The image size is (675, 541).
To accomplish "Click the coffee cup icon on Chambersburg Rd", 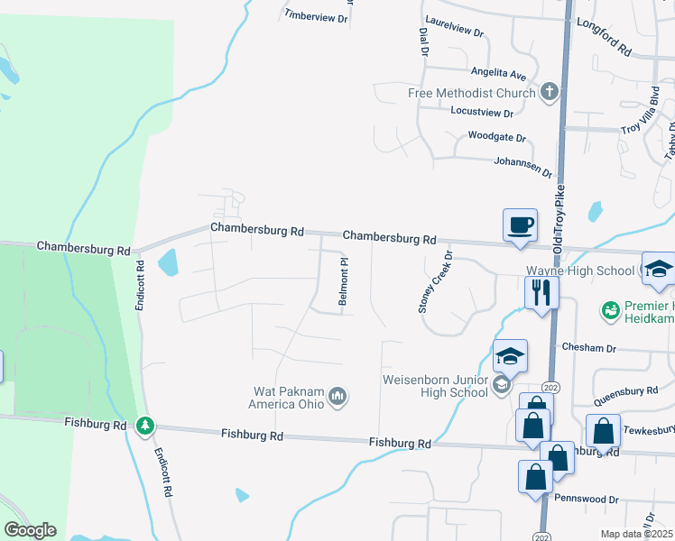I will (x=520, y=225).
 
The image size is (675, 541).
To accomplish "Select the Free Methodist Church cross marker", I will (x=549, y=92).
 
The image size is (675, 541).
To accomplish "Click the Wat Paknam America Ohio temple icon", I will (x=338, y=396).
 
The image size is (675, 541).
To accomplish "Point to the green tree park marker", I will (x=144, y=425).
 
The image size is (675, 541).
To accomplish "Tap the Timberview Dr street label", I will (x=316, y=16).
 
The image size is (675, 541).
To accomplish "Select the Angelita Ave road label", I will (x=498, y=72).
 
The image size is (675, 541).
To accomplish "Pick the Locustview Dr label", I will (x=481, y=113).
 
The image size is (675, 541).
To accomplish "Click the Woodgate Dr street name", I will (x=496, y=137).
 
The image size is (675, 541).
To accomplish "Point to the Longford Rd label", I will (x=603, y=37).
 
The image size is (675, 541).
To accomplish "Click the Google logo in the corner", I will (x=30, y=530).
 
